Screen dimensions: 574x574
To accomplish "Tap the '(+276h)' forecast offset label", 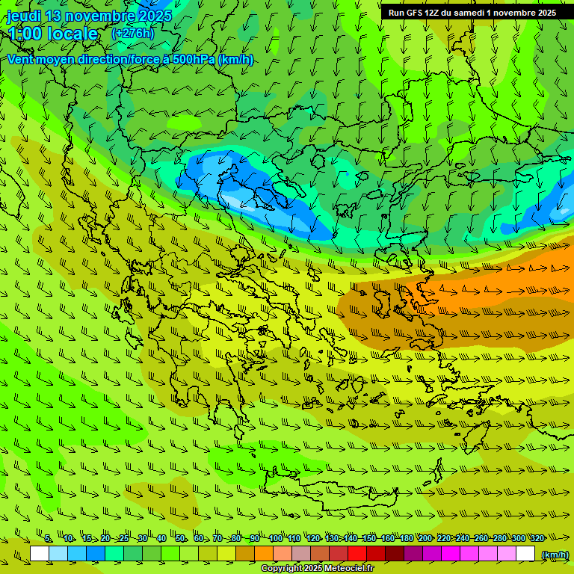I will coord(132,34).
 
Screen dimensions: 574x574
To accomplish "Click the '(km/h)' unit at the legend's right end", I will coord(555,554).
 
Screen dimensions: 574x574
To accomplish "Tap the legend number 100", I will coord(276,538).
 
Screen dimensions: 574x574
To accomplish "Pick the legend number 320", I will coord(537,538).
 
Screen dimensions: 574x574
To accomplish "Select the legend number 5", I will coord(48,538).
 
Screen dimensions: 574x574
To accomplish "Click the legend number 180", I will coord(406,538).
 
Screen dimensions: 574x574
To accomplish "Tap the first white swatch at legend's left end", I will coord(40,554).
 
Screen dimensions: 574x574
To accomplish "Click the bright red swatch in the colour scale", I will coord(357,554).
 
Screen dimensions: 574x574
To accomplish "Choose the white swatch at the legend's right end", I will coord(525,554).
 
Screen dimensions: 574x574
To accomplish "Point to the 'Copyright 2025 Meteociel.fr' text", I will coord(317,569).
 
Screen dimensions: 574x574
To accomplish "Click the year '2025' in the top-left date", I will coord(155,16).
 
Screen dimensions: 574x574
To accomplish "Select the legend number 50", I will coord(180,538).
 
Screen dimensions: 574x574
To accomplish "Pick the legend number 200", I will coord(425,538).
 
